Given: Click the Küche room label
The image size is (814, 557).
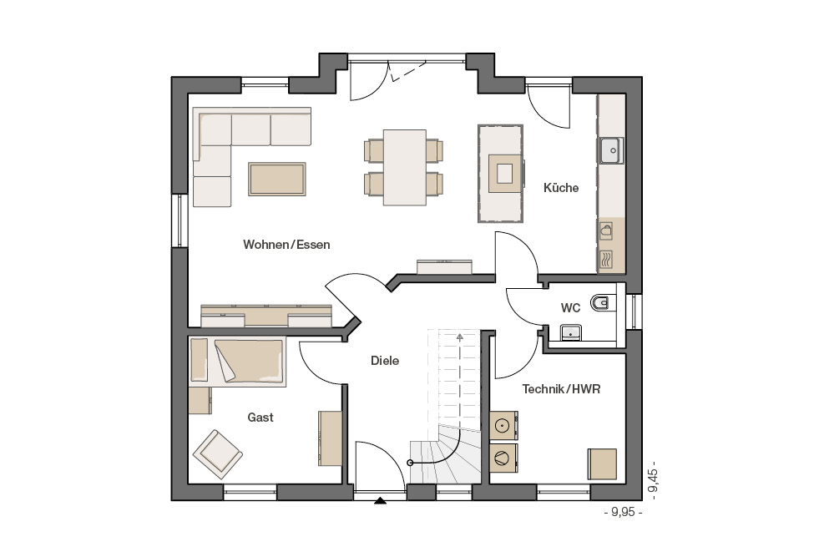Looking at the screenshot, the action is [x=561, y=187].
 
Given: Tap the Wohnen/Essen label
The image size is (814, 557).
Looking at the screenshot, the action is [x=286, y=245].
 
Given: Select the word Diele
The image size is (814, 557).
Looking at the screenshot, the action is [x=385, y=360].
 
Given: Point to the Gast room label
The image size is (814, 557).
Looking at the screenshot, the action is [x=260, y=418].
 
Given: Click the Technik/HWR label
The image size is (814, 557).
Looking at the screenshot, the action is [x=561, y=389].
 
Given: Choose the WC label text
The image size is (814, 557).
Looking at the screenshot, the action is [x=570, y=308].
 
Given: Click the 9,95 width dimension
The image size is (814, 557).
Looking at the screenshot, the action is [x=623, y=512].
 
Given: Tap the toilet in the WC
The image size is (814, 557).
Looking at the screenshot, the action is [x=603, y=302].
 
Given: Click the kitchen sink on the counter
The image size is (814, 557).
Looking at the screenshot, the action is [x=611, y=150].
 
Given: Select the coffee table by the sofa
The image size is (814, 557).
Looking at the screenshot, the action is [x=276, y=179].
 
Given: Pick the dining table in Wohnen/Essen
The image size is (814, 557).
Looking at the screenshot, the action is [x=404, y=167].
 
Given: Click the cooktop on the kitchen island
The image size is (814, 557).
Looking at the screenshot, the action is [x=504, y=174].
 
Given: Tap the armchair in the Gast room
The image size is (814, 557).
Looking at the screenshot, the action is [x=218, y=454].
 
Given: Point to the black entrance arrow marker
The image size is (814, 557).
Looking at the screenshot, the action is [x=381, y=501].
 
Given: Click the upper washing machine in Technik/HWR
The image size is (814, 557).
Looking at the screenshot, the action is [x=503, y=426].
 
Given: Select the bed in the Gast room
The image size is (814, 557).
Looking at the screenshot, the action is [x=238, y=362].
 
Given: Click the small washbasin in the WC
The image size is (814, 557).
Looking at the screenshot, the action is [x=570, y=332].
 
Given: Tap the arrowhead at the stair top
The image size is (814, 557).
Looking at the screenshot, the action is [x=459, y=337].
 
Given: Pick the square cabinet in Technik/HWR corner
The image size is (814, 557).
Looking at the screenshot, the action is [x=602, y=464].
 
